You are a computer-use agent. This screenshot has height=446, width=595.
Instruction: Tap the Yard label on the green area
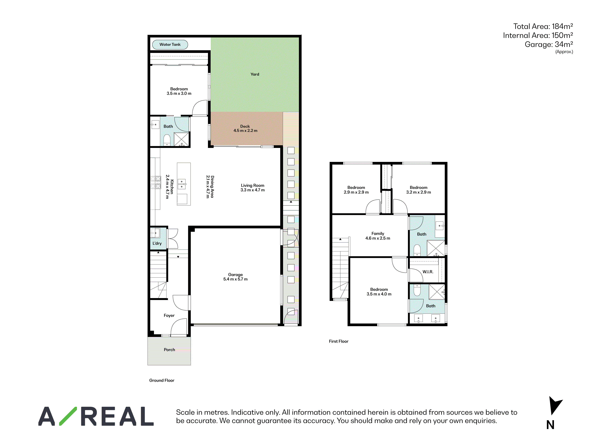255,74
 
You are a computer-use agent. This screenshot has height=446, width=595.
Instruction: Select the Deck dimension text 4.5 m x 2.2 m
245,131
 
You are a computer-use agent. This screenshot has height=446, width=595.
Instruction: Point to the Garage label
235,274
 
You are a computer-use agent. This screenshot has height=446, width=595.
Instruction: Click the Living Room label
253,186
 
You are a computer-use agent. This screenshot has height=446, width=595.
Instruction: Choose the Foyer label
169,315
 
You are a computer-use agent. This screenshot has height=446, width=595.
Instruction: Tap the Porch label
169,350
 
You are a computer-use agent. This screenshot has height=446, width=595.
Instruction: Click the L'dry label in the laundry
157,243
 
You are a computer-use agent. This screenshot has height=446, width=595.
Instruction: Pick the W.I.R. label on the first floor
428,272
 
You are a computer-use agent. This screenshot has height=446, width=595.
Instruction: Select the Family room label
378,234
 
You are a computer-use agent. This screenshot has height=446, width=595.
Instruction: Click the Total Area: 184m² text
543,26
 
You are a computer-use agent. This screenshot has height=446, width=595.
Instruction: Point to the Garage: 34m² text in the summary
549,44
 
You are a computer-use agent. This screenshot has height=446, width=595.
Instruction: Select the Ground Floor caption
162,380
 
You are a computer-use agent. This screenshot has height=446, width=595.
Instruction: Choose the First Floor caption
339,341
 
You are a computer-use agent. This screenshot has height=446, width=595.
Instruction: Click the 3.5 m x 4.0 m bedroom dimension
379,294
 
